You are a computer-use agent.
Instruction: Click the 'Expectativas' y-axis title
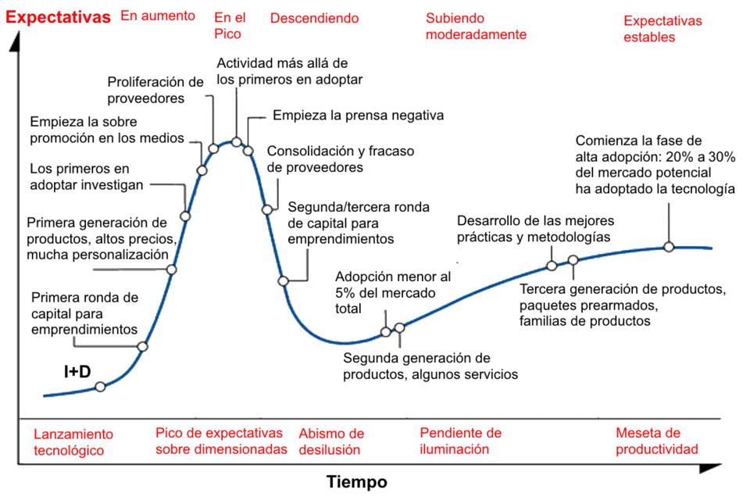(58, 17)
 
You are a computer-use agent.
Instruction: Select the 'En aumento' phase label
(157, 16)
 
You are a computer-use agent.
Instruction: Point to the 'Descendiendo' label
(314, 17)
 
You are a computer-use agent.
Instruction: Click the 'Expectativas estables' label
(663, 28)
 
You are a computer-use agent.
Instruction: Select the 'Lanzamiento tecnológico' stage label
(73, 441)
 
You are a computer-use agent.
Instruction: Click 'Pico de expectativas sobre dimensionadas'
(220, 441)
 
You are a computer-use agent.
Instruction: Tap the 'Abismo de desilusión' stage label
(331, 441)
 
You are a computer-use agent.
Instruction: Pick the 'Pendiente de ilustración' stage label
(460, 441)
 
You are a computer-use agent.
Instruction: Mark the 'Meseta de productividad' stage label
(656, 441)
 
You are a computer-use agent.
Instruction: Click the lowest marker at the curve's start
(100, 387)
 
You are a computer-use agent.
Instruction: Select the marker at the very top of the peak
(236, 142)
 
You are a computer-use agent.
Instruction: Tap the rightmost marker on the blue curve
(669, 247)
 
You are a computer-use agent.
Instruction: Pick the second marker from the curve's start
(142, 346)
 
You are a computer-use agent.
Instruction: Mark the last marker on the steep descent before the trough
(284, 280)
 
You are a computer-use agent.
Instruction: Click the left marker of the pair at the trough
(386, 332)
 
